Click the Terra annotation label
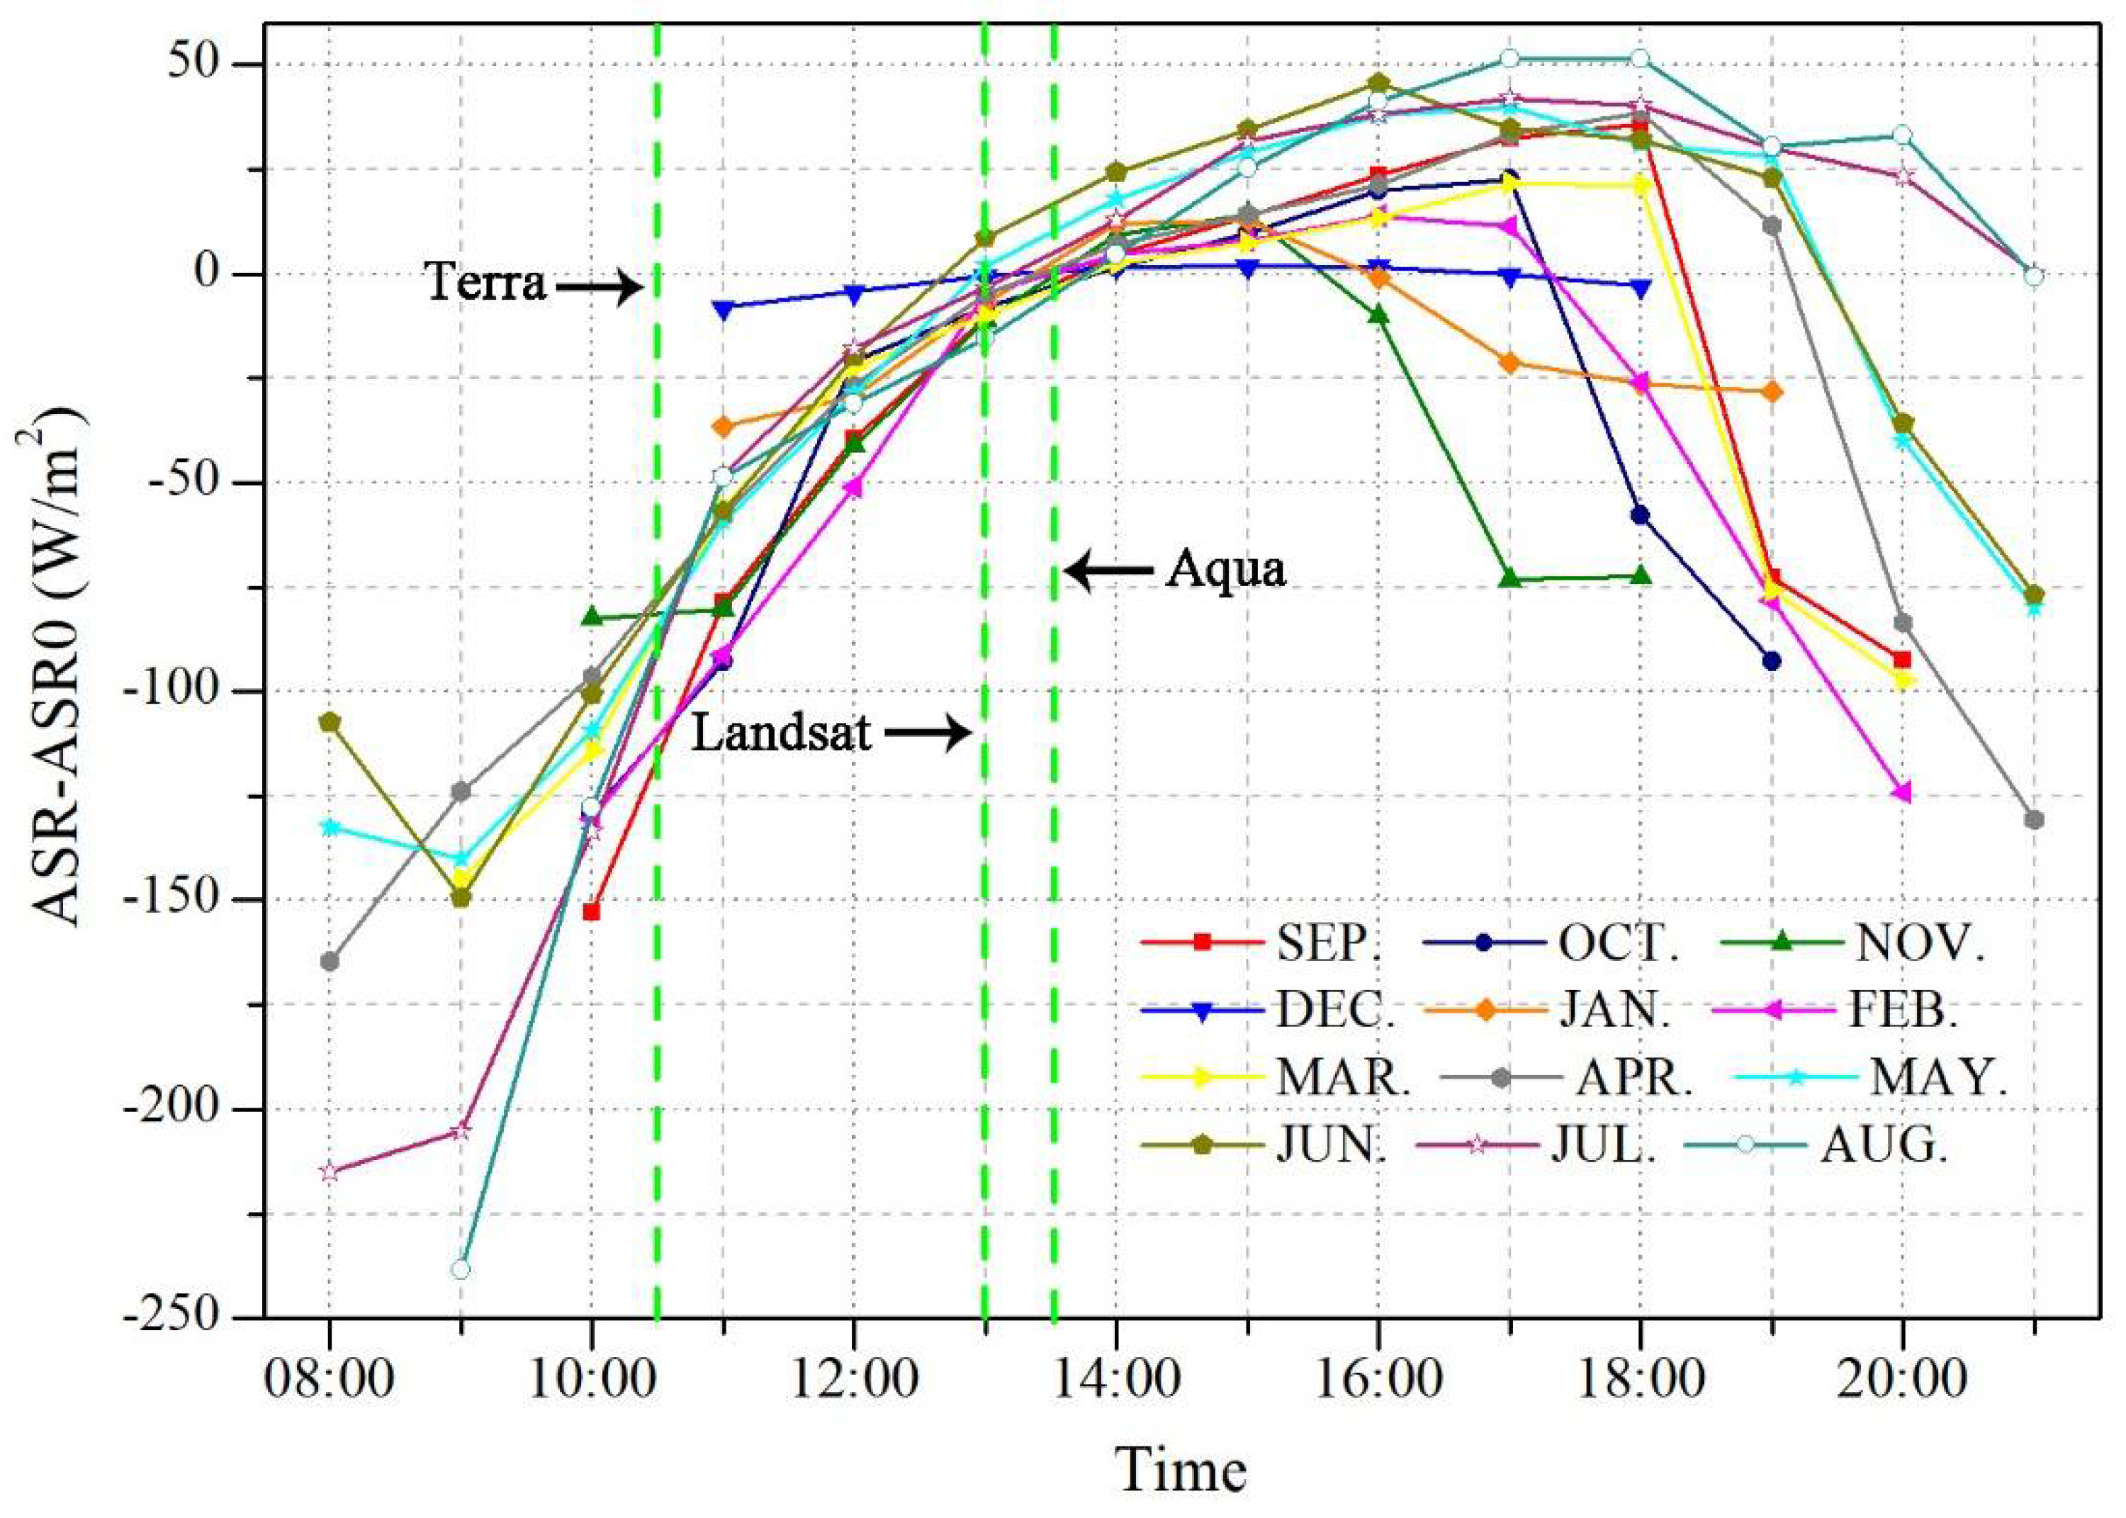pyautogui.click(x=486, y=281)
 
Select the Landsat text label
pyautogui.click(x=781, y=733)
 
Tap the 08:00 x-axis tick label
pyautogui.click(x=328, y=1380)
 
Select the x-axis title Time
pyautogui.click(x=1181, y=1469)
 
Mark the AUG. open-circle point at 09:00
pyautogui.click(x=460, y=1269)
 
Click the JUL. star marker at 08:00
pyautogui.click(x=329, y=1172)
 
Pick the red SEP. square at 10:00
pyautogui.click(x=590, y=911)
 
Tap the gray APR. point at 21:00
pyautogui.click(x=2033, y=820)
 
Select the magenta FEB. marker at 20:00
pyautogui.click(x=1902, y=792)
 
